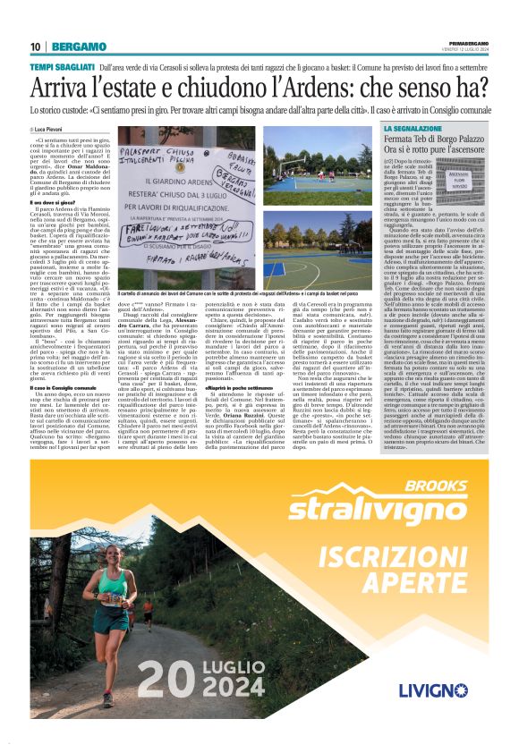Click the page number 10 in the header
[36, 47]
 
